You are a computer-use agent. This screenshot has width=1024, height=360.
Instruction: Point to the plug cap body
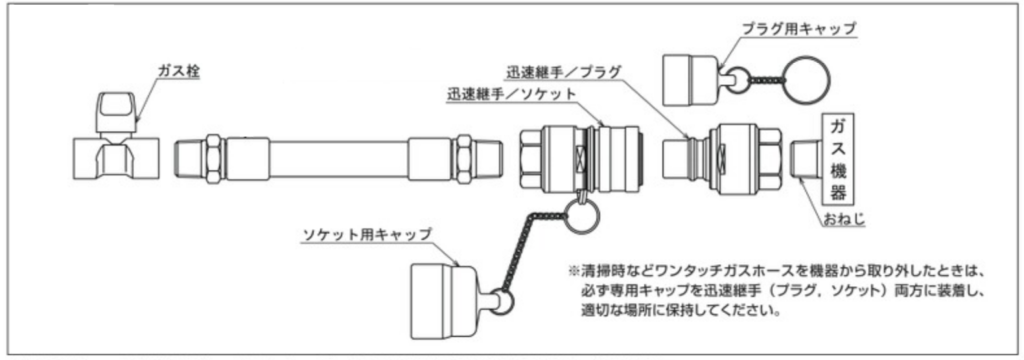click(x=690, y=80)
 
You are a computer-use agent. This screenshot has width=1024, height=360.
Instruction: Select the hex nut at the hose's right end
click(x=464, y=159)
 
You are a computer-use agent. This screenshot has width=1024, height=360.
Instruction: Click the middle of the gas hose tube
click(x=339, y=159)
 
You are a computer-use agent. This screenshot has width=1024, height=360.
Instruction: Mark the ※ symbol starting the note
click(x=575, y=270)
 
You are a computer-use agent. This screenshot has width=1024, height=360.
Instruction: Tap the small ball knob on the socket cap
click(x=502, y=302)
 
